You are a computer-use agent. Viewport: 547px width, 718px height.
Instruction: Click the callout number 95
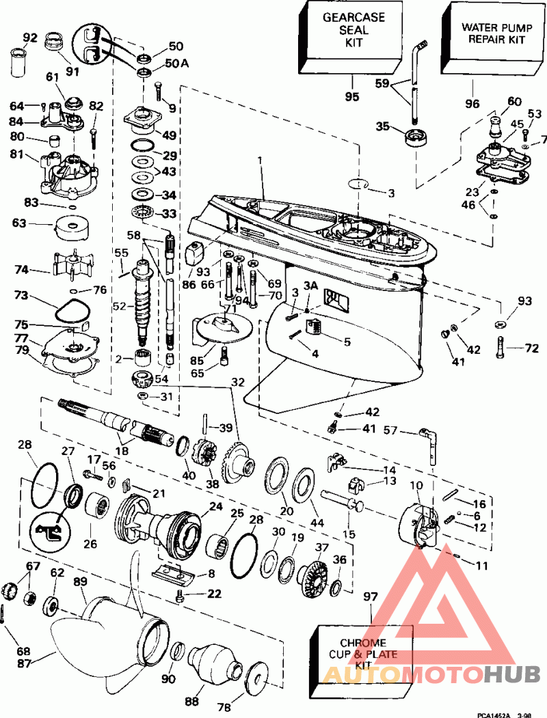click(x=352, y=97)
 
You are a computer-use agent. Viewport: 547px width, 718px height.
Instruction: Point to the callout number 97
click(x=371, y=598)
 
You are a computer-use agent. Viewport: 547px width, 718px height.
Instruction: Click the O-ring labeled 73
click(x=71, y=312)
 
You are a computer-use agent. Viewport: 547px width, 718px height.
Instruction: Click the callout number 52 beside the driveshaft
click(x=120, y=305)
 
